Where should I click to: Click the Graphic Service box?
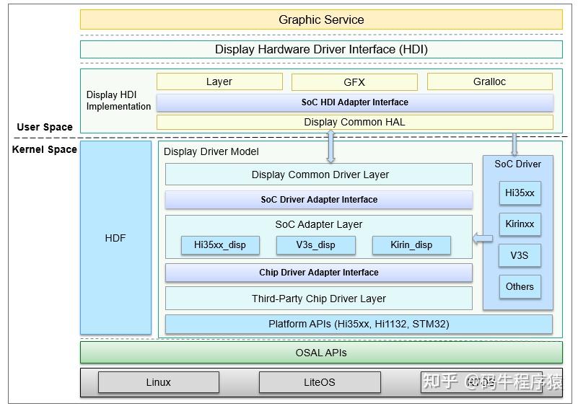321,19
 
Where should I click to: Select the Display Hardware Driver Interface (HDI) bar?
321,50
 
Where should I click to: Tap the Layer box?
219,81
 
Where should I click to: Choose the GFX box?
354,82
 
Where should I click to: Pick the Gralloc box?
489,81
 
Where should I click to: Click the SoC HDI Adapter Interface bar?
354,102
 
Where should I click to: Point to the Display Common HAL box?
354,122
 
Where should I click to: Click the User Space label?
45,127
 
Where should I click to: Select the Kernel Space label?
45,149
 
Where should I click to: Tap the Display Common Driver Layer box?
319,175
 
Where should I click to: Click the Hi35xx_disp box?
220,245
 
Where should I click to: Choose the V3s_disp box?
316,245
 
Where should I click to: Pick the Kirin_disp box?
411,245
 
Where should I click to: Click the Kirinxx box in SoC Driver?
520,224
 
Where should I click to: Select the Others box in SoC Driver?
520,286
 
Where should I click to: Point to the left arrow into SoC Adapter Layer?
483,238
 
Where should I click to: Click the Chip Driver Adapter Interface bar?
319,273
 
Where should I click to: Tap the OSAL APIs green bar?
321,353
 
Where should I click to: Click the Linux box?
159,382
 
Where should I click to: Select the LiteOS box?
319,382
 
